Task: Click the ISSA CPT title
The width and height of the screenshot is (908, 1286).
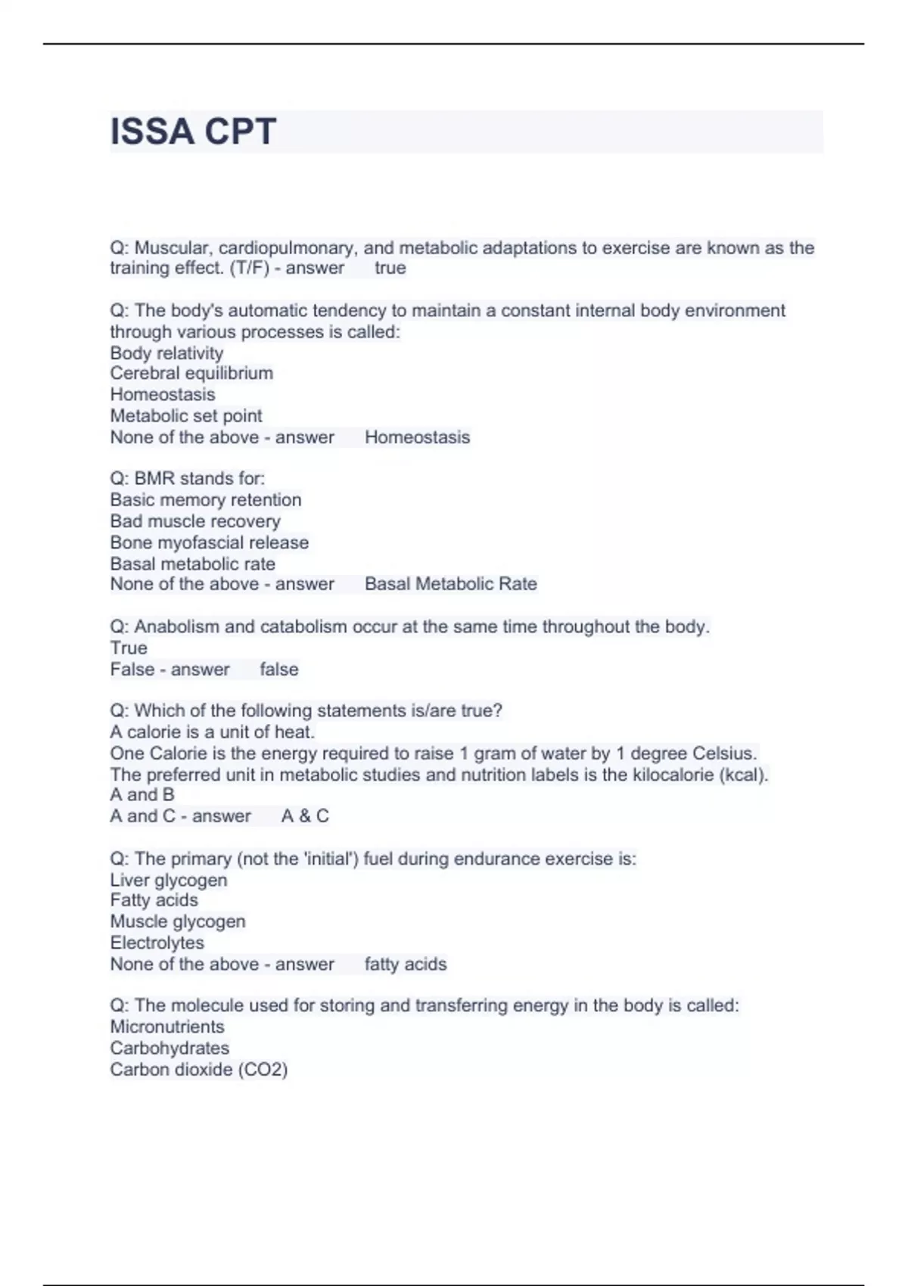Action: [x=193, y=132]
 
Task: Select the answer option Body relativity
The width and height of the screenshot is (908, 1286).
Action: [x=166, y=353]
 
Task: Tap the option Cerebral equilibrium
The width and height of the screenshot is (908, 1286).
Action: [x=191, y=373]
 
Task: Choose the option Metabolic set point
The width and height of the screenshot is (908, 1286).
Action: [x=186, y=415]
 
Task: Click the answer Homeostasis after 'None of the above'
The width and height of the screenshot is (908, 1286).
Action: [x=417, y=437]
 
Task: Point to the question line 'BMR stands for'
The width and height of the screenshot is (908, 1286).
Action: [x=188, y=478]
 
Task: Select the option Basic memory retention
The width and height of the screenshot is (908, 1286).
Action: [x=206, y=499]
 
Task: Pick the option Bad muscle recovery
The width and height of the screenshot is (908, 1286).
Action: [x=195, y=521]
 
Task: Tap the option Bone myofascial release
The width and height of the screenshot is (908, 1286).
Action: [x=210, y=542]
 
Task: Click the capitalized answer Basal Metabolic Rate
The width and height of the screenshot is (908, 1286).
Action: [x=451, y=584]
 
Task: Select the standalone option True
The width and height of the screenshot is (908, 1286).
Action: [x=129, y=648]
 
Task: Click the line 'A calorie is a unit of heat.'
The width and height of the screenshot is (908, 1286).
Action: [x=213, y=732]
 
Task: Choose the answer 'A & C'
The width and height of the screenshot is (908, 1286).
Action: [x=305, y=816]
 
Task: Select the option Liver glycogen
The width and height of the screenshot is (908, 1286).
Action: [x=169, y=880]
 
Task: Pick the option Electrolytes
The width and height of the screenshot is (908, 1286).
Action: [x=157, y=943]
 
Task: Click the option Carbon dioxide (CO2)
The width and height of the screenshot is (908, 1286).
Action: [x=199, y=1069]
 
